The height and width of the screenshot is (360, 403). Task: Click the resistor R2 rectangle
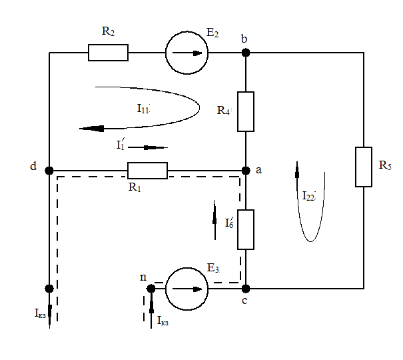click(x=108, y=53)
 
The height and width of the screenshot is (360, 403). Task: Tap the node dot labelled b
click(x=246, y=53)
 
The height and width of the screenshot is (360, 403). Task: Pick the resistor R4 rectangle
click(x=246, y=111)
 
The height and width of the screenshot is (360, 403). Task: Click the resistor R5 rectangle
click(x=364, y=167)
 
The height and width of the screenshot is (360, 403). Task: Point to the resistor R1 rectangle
click(x=147, y=170)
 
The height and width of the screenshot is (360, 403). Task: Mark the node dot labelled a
click(x=246, y=170)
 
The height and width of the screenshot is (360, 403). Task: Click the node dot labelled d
click(x=49, y=170)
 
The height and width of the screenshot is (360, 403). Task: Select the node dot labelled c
click(x=246, y=288)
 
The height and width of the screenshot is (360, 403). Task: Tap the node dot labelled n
click(x=151, y=288)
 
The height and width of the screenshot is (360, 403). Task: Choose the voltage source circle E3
click(x=187, y=288)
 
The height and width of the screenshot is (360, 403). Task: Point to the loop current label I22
click(x=308, y=196)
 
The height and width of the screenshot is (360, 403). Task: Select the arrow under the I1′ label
click(x=148, y=147)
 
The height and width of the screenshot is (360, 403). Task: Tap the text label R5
click(x=384, y=164)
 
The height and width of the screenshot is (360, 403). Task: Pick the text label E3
click(x=213, y=268)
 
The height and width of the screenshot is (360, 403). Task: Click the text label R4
click(x=224, y=111)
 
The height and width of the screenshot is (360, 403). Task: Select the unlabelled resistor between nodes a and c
click(x=246, y=229)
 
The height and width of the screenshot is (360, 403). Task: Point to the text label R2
click(x=109, y=31)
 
